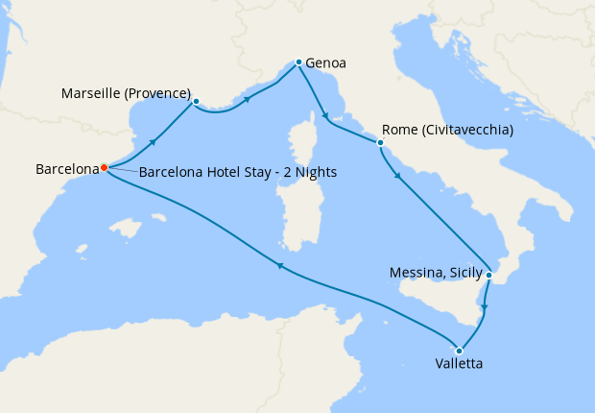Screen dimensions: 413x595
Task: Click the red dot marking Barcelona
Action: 104,168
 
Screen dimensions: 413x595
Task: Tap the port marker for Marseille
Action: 196,101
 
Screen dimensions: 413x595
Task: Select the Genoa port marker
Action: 298,62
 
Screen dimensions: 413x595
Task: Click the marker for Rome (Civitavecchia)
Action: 381,143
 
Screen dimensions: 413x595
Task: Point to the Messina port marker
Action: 488,276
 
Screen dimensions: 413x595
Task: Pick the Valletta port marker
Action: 461,350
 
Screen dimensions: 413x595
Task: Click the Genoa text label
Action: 325,64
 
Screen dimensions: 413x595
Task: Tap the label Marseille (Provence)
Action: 125,93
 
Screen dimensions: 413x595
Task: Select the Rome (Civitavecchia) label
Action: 447,130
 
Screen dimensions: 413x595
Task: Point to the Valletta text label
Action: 458,365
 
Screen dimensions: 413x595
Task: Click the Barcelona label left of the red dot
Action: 67,169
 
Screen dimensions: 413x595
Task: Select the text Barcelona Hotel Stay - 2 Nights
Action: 237,173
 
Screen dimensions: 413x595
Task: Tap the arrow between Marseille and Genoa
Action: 249,99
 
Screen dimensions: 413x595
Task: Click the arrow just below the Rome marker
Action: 397,175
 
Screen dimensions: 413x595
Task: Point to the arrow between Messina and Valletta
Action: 484,309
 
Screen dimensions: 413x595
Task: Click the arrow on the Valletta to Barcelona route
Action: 279,266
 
